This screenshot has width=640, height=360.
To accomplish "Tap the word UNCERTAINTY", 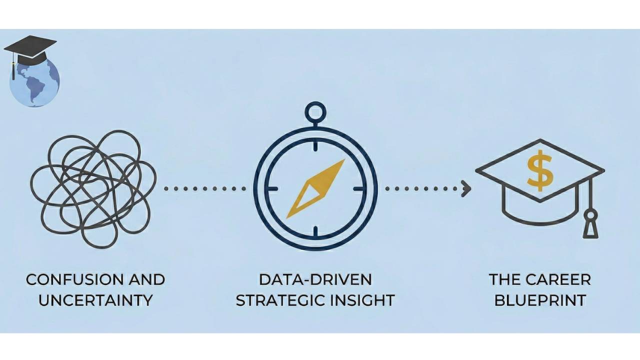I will click(x=95, y=300).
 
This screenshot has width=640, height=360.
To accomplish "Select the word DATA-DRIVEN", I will click(x=315, y=279).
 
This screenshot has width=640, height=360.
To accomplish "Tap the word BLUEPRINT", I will click(x=540, y=300).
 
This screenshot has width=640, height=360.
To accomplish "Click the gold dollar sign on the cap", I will click(x=540, y=170).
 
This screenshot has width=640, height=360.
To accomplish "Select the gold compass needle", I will click(x=315, y=188).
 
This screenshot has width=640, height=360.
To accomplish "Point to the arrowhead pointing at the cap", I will click(x=466, y=188).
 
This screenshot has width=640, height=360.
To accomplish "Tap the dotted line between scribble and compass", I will click(x=205, y=188).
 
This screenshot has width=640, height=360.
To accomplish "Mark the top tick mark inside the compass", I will click(x=315, y=145).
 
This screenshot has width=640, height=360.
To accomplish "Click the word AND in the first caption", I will click(x=144, y=279).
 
